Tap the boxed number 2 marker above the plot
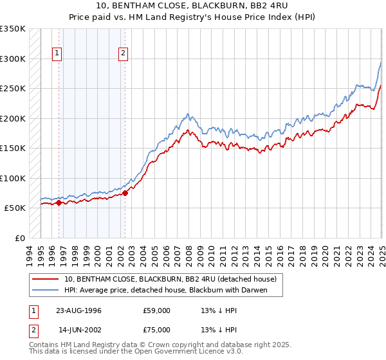[123, 54]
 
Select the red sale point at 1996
[59, 203]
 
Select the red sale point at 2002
[125, 193]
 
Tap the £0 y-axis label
[19, 238]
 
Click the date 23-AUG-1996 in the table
[78, 310]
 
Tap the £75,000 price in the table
[156, 331]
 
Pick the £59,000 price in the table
[156, 310]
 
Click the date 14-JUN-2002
[78, 331]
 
